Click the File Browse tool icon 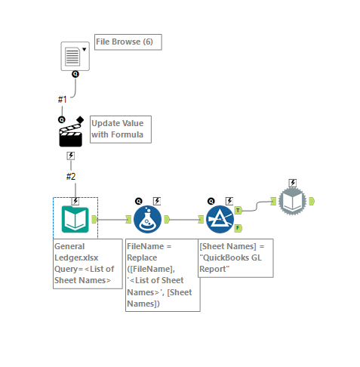[x=75, y=56]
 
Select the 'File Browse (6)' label [x=128, y=42]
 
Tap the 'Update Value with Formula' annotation [x=121, y=129]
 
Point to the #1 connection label [x=63, y=99]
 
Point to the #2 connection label [x=70, y=176]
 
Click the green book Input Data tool [x=75, y=219]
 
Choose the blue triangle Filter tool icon [x=220, y=220]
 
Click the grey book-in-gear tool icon [x=293, y=201]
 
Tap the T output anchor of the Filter [x=238, y=211]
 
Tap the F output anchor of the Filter [x=238, y=228]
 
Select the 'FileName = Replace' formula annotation [x=162, y=275]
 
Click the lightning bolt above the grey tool [x=293, y=183]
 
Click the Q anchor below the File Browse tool [x=75, y=75]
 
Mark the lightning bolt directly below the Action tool [x=71, y=156]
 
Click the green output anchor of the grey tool [x=312, y=201]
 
